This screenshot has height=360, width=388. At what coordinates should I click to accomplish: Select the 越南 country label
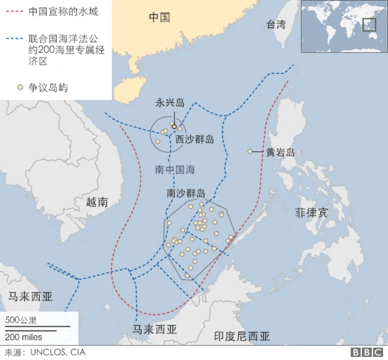(x=97, y=202)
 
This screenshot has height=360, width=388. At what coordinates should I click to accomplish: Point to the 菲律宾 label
(x=311, y=213)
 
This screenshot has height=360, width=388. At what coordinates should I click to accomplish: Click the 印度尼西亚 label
(x=242, y=336)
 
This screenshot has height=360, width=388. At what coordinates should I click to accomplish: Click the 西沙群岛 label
(x=195, y=139)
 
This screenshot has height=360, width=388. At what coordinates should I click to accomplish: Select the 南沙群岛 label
(x=186, y=193)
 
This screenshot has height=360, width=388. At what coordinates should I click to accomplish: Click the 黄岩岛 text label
(x=280, y=152)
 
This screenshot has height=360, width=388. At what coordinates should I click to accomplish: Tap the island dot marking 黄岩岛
(x=250, y=152)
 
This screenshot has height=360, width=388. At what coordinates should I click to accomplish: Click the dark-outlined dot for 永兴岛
(x=174, y=126)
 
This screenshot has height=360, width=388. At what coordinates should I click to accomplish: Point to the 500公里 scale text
(x=21, y=320)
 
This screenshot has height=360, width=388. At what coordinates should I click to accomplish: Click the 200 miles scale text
(x=24, y=336)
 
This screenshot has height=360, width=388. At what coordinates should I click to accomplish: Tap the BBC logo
(x=366, y=352)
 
